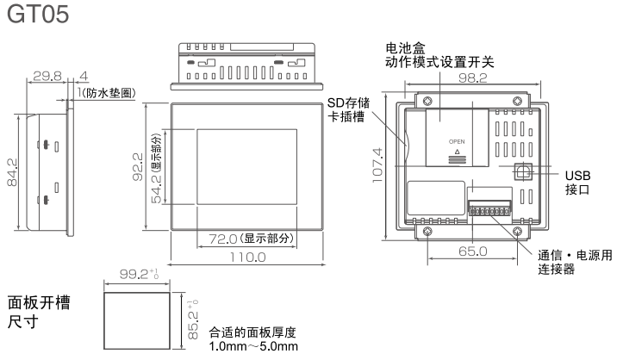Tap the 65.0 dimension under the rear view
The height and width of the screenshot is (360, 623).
tap(471, 251)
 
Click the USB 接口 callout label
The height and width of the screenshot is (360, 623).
tap(578, 181)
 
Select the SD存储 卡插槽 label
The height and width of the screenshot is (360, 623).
tap(346, 110)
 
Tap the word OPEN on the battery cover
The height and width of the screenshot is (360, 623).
tap(457, 140)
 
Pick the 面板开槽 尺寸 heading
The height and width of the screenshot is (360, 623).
tap(39, 313)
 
